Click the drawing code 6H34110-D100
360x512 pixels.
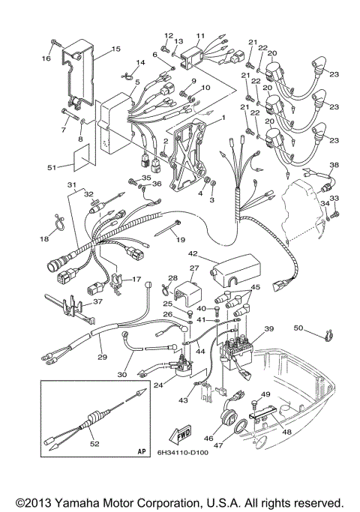point(187,453)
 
